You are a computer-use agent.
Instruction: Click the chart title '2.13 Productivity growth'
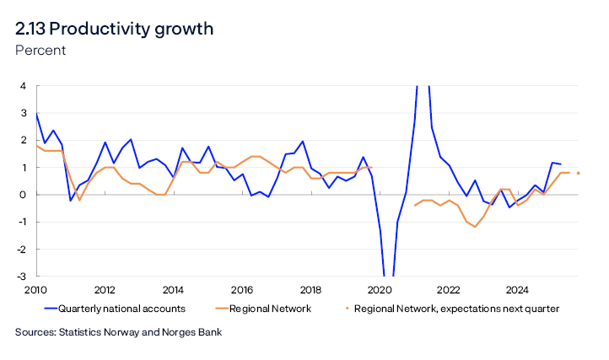[x=114, y=29]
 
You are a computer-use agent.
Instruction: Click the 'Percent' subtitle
[x=40, y=51]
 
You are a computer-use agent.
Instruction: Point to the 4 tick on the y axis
[x=24, y=86]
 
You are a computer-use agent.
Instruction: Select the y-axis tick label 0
[x=24, y=195]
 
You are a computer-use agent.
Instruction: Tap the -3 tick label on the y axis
[x=22, y=277]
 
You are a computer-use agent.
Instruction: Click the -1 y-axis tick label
[x=22, y=222]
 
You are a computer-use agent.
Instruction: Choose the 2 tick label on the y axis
[x=24, y=141]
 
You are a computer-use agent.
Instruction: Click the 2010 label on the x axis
[x=35, y=289]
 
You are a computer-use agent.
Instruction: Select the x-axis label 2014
[x=173, y=289]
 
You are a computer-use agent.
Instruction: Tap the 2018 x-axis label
[x=310, y=289]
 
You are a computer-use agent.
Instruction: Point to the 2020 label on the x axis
[x=379, y=289]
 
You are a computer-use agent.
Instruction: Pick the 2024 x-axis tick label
[x=516, y=289]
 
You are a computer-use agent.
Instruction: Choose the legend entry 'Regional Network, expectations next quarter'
[x=455, y=309]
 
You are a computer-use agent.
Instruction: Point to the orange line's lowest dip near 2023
[x=475, y=227]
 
